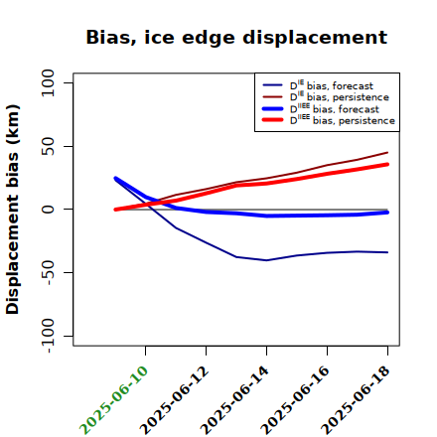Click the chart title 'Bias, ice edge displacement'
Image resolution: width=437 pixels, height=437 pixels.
tap(236, 38)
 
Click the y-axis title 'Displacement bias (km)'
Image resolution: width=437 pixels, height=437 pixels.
tap(13, 210)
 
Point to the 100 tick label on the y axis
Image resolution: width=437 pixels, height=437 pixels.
tap(48, 82)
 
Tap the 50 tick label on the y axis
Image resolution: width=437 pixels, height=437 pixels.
tap(48, 146)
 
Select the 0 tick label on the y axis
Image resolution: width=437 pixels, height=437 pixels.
tap(48, 210)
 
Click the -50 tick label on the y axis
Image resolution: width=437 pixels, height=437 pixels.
tap(49, 272)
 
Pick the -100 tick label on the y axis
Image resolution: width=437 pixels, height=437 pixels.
tap(49, 336)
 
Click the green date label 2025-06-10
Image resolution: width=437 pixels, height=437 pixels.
tap(113, 400)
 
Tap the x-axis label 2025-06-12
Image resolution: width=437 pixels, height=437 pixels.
tap(174, 400)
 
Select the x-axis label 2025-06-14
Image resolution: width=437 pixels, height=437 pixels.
tap(234, 400)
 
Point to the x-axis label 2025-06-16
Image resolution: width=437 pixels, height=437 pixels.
tap(295, 400)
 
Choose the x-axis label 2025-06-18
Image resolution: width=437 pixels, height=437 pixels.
tap(356, 400)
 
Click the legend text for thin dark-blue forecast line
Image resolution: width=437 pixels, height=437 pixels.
tap(332, 85)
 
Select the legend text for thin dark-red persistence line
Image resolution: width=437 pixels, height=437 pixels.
tap(340, 96)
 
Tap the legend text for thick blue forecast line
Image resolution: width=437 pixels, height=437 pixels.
tap(335, 108)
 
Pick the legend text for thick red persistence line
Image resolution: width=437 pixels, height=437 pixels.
tap(343, 120)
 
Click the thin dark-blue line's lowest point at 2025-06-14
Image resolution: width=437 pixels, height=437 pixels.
tap(266, 260)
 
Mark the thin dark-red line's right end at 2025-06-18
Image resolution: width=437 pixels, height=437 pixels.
tap(387, 153)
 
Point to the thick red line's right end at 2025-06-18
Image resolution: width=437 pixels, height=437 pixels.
tap(387, 164)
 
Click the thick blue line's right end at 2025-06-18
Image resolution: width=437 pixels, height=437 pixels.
tap(387, 213)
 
